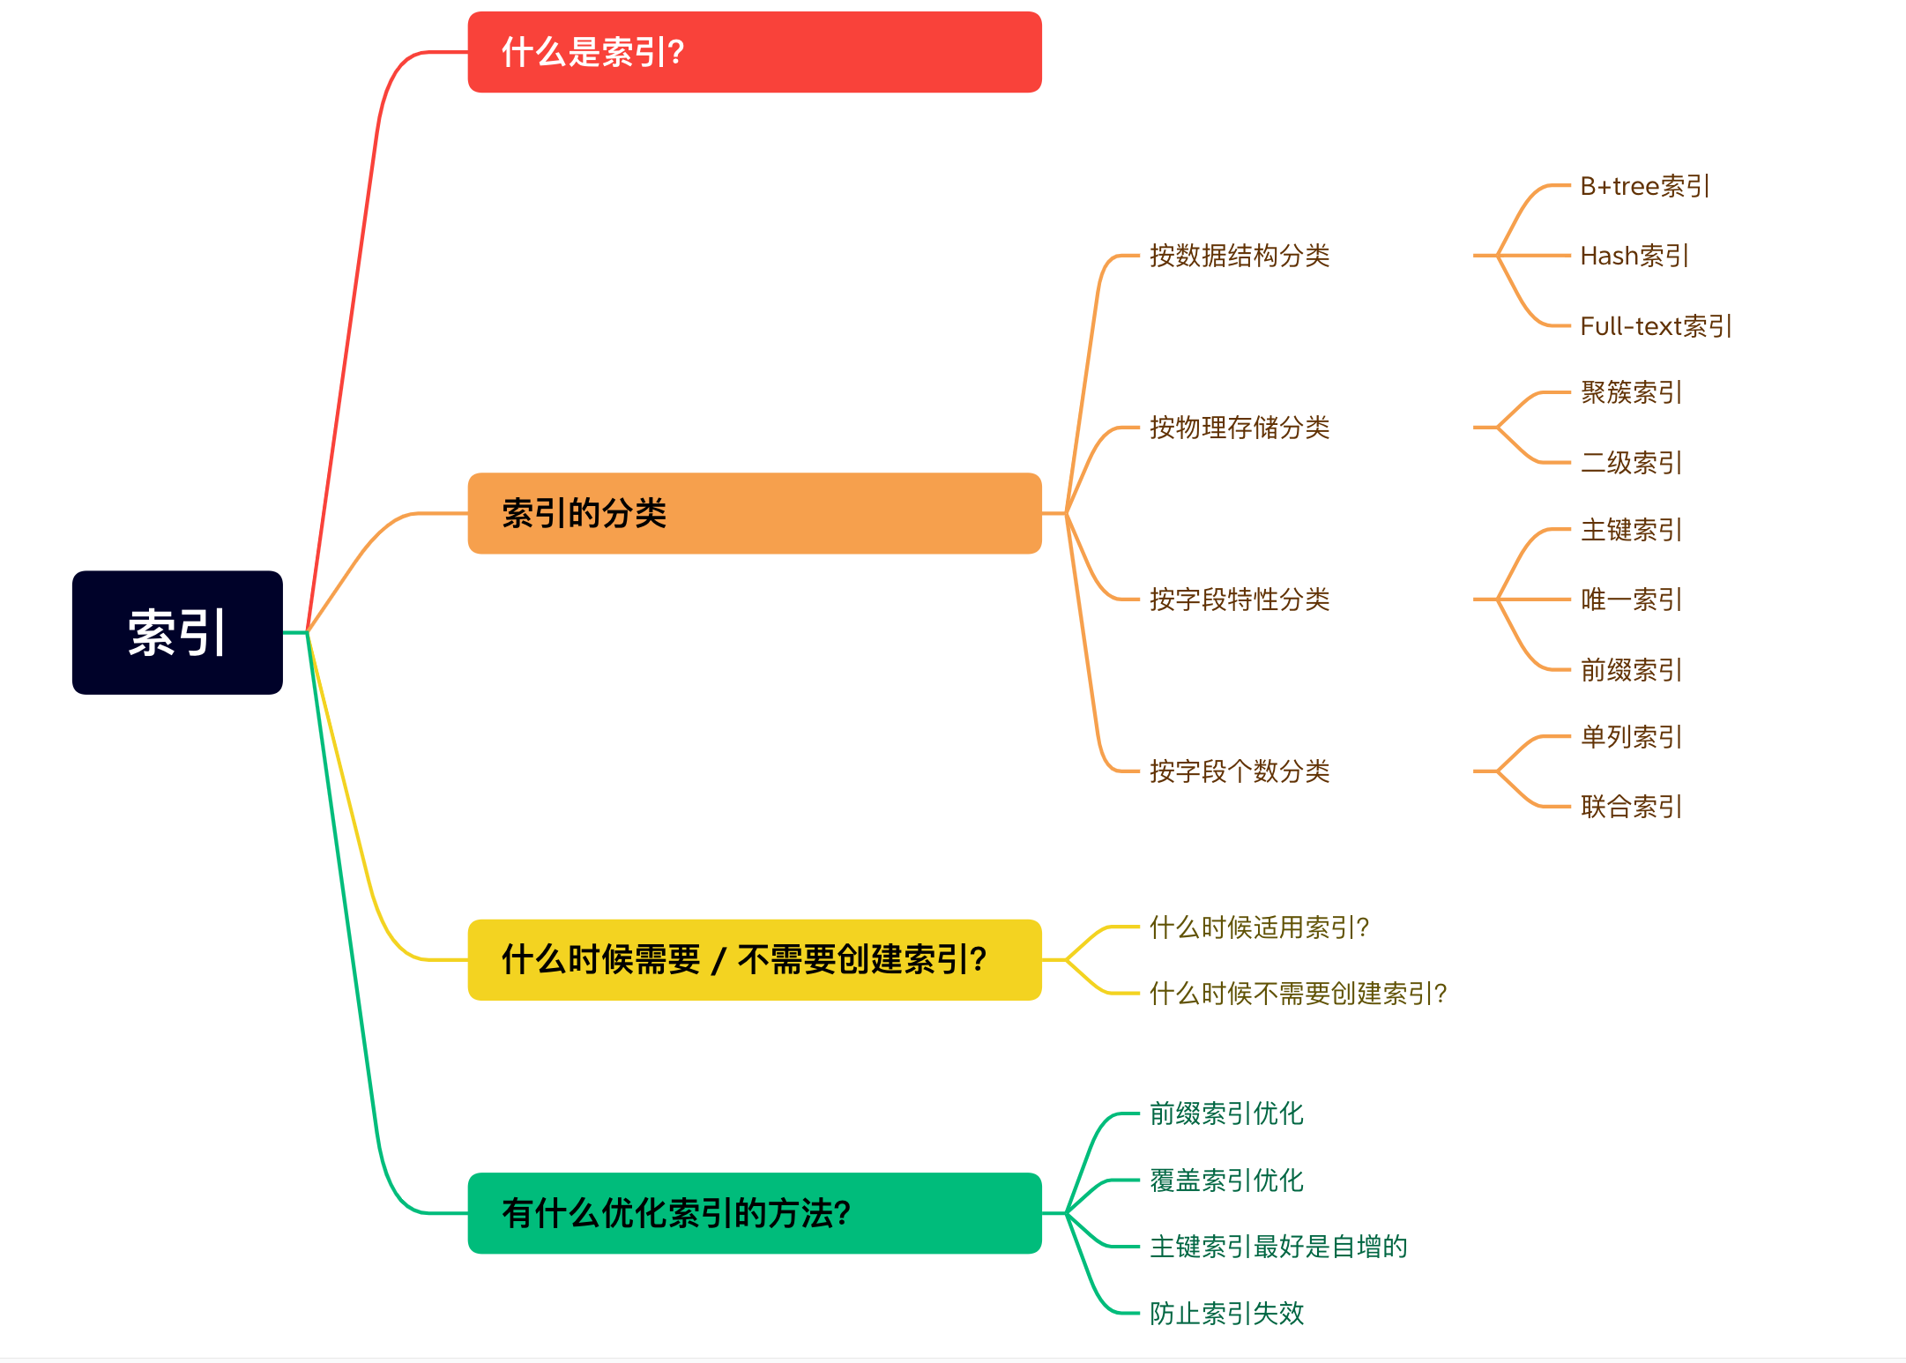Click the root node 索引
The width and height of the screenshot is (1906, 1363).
pyautogui.click(x=177, y=632)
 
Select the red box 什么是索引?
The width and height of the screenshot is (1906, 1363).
pyautogui.click(x=754, y=52)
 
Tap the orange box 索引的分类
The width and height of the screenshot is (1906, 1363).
pyautogui.click(x=754, y=513)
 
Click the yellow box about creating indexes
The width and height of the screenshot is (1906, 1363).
pyautogui.click(x=754, y=959)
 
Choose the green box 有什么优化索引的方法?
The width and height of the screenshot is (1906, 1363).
pyautogui.click(x=754, y=1213)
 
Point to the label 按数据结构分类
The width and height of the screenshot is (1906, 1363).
pyautogui.click(x=1239, y=256)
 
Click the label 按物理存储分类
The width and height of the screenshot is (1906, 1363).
pyautogui.click(x=1239, y=428)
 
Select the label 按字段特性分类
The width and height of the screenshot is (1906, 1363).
pyautogui.click(x=1239, y=600)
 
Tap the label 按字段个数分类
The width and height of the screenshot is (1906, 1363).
pyautogui.click(x=1239, y=771)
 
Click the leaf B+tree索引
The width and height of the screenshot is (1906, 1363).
pyautogui.click(x=1644, y=186)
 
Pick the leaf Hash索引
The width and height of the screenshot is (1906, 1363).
pyautogui.click(x=1634, y=256)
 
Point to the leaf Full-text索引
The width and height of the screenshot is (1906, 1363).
pyautogui.click(x=1655, y=326)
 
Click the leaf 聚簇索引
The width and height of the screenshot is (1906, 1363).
pyautogui.click(x=1631, y=392)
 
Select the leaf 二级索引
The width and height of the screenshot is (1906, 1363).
pyautogui.click(x=1631, y=462)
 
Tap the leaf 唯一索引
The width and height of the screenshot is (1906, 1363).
pyautogui.click(x=1631, y=600)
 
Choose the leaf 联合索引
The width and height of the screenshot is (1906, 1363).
pyautogui.click(x=1631, y=806)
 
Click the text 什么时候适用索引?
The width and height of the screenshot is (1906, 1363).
pyautogui.click(x=1259, y=927)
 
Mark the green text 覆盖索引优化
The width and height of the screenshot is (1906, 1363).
pyautogui.click(x=1226, y=1180)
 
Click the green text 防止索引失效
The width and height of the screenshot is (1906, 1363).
pyautogui.click(x=1226, y=1313)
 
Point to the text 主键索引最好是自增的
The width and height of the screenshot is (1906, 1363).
pyautogui.click(x=1278, y=1247)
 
